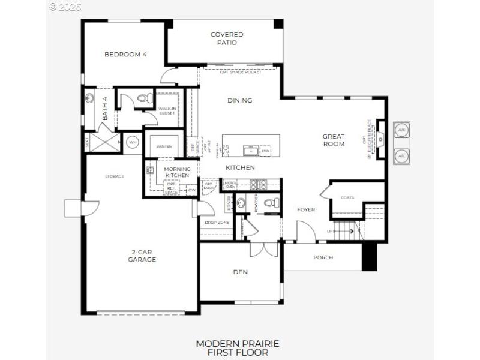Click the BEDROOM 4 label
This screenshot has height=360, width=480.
[125, 55]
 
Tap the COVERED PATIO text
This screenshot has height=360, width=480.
[227, 38]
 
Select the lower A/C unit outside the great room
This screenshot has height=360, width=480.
[401, 156]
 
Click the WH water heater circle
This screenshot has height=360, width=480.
[133, 142]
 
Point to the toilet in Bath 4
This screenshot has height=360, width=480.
[143, 98]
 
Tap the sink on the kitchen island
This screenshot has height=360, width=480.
[250, 150]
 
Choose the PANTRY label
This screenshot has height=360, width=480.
[164, 146]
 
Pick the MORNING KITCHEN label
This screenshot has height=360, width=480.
[177, 173]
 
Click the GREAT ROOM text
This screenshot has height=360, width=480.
[334, 140]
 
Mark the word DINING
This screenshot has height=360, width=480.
[239, 100]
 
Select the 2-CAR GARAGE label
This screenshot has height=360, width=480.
[142, 256]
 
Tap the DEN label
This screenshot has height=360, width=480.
[240, 272]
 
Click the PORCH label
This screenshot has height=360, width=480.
[323, 257]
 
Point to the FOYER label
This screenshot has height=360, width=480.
[306, 209]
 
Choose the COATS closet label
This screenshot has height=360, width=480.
[347, 197]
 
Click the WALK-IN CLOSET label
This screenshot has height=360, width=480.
[167, 110]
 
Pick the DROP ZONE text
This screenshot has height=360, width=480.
[216, 223]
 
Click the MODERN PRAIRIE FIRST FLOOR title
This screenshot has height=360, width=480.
[237, 348]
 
